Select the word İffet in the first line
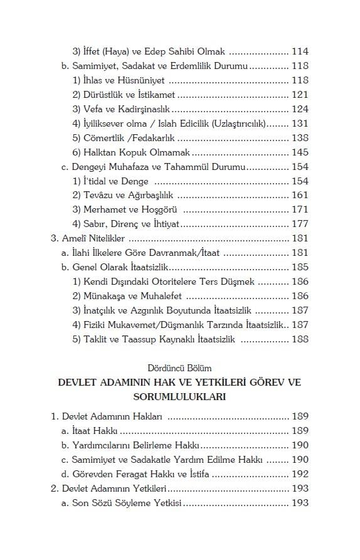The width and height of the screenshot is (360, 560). [93, 52]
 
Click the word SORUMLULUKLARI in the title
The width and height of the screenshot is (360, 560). [179, 396]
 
